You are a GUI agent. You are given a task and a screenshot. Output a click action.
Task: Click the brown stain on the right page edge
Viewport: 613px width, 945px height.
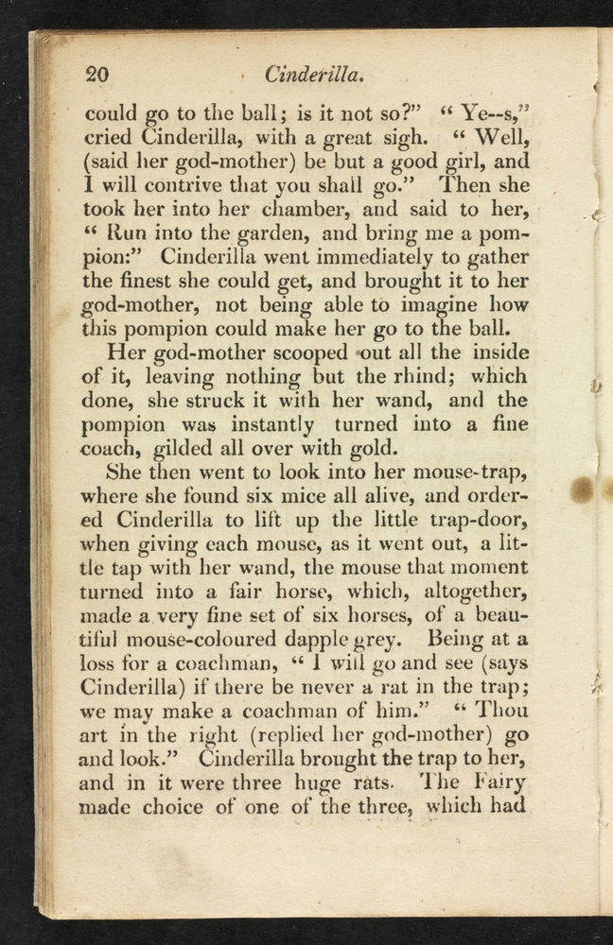coord(583,490)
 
